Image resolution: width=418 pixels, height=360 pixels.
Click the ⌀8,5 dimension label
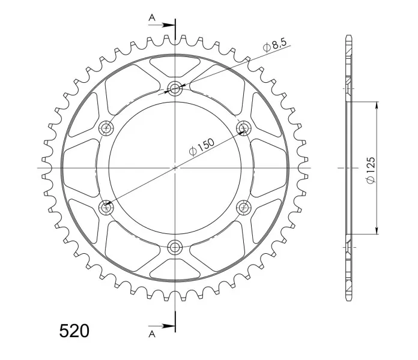(x=274, y=45)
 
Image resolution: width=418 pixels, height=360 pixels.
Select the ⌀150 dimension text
(x=201, y=147)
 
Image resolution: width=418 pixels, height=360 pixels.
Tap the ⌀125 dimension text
(x=371, y=170)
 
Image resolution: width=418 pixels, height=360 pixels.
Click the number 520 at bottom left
(x=74, y=331)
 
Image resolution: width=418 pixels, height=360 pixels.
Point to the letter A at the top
(x=152, y=18)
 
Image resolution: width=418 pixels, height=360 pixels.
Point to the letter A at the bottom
(x=152, y=334)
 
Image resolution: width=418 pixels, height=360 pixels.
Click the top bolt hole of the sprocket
(x=175, y=88)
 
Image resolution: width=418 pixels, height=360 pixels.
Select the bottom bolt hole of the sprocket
(x=175, y=247)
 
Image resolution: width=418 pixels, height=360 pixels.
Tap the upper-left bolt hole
(x=106, y=128)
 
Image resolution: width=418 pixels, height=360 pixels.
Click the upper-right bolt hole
(x=244, y=128)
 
